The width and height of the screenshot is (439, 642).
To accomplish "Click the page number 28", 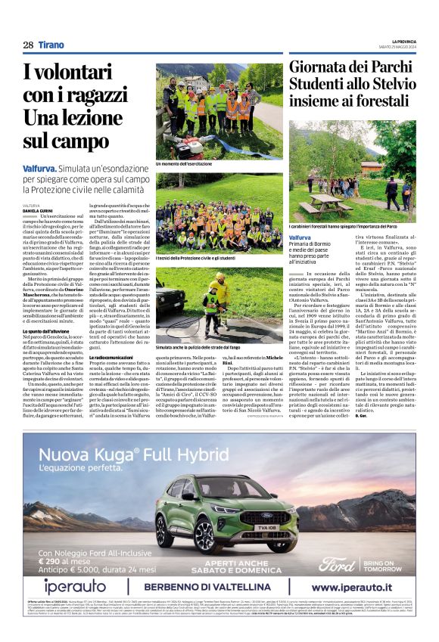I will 28,45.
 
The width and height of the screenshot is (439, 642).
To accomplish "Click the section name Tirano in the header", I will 51,45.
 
